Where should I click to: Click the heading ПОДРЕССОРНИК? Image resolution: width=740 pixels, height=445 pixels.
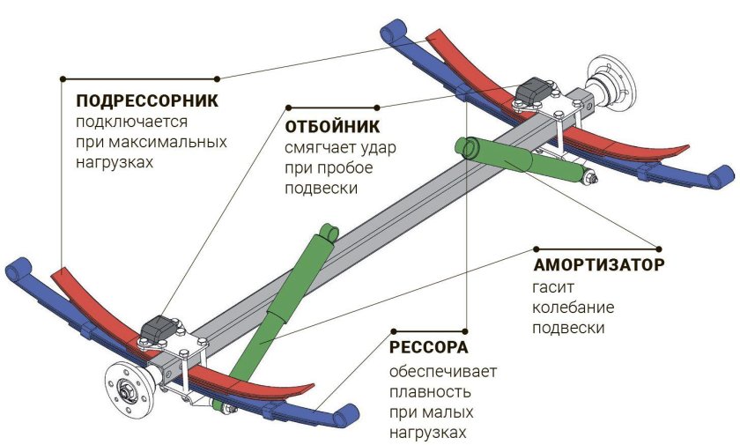[147, 100]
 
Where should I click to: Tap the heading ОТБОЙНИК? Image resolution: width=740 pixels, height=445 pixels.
[332, 125]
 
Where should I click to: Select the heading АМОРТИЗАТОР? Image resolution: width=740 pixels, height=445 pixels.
[598, 264]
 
